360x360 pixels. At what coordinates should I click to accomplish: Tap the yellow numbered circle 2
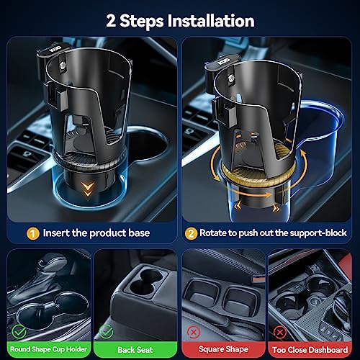pos(191,233)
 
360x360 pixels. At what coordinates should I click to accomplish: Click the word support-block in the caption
pos(318,233)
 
